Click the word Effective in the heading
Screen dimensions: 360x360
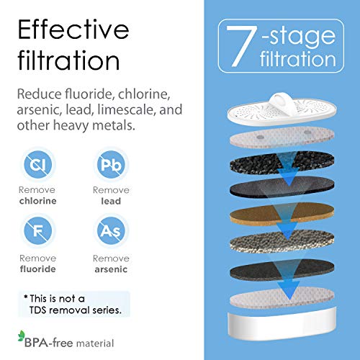73,31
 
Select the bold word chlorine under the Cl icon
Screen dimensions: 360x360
37,202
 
